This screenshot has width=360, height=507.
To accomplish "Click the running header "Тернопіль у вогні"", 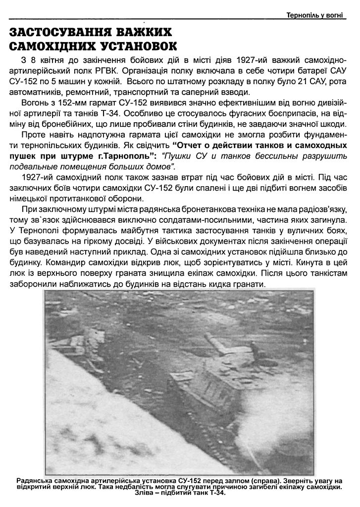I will click(314, 15).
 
